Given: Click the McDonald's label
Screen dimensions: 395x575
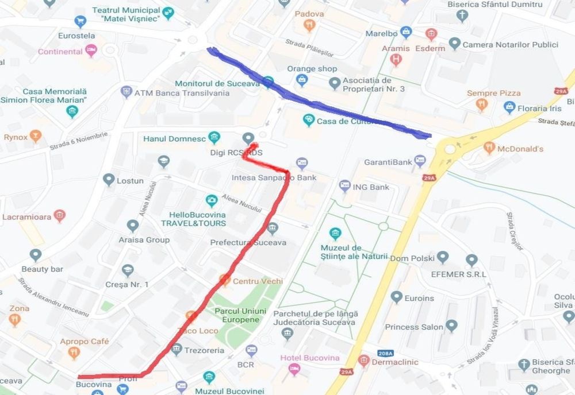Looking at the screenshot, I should (520, 149).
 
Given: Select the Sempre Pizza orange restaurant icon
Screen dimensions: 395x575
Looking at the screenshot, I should (481, 104).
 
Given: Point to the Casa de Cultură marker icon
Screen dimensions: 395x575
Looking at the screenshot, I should (309, 120).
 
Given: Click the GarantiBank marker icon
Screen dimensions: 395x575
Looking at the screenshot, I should (420, 160).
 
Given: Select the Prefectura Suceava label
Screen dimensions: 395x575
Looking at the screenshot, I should (248, 242).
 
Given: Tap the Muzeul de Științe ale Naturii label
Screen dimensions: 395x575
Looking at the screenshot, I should (351, 251).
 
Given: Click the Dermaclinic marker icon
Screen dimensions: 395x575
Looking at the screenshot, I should (363, 361).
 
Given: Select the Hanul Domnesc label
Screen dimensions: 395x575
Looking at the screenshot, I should (174, 138).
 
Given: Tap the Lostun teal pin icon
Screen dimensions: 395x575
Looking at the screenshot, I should (109, 180).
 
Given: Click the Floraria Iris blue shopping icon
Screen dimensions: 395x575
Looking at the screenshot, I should (509, 107).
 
